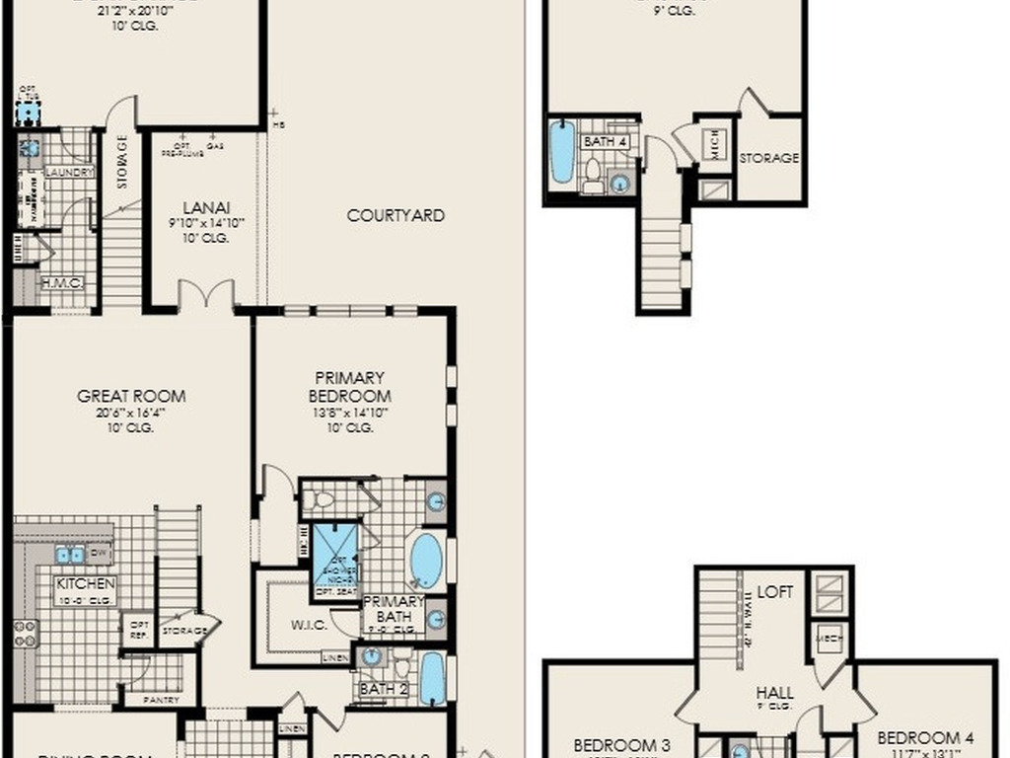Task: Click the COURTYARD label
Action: click(396, 215)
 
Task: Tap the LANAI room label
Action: click(207, 208)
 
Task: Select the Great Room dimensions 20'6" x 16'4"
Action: click(131, 413)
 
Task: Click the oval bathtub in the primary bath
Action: click(426, 561)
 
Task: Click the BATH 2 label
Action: click(383, 689)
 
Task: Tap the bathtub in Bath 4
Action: click(562, 151)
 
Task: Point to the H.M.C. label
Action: click(60, 283)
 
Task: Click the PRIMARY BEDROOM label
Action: click(349, 386)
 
